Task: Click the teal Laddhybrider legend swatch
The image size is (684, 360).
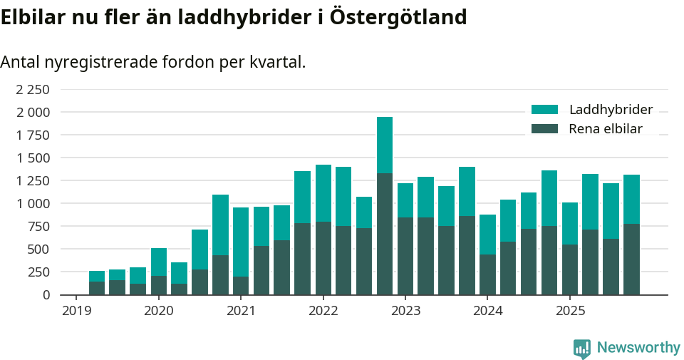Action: click(545, 110)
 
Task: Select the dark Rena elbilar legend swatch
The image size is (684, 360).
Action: click(545, 129)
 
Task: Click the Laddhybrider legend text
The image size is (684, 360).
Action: click(611, 110)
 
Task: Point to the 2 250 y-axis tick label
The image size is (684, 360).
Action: click(33, 89)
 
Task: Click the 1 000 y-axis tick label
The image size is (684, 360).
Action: click(33, 203)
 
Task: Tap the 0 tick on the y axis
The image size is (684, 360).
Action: click(46, 294)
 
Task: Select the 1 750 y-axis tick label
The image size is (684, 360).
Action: click(33, 135)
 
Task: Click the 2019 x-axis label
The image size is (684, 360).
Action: click(76, 311)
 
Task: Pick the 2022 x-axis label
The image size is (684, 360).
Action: click(323, 311)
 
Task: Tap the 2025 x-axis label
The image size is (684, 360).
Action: click(570, 311)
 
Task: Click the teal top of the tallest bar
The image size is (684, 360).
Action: click(385, 145)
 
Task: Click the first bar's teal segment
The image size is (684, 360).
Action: click(97, 276)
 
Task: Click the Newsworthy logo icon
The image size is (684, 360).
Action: click(582, 348)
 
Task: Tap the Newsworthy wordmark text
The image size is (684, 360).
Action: click(638, 348)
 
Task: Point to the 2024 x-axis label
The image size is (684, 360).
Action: click(488, 311)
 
